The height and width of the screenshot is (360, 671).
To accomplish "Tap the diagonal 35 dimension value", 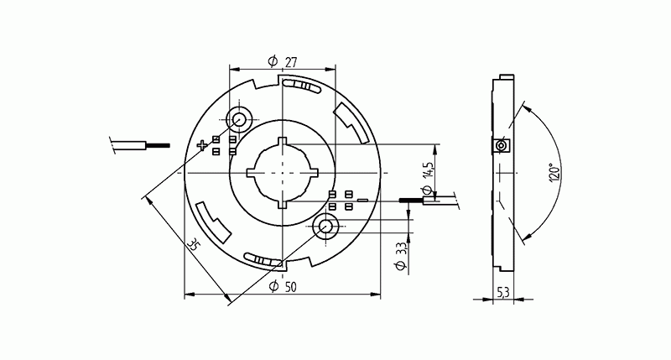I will (x=194, y=245).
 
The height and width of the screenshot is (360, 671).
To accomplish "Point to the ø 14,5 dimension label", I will (x=429, y=177).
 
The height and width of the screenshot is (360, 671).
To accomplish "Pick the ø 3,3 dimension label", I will (x=400, y=255).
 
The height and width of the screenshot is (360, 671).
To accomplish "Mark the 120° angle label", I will (x=554, y=172).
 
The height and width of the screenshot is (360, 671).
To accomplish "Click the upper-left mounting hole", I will (x=239, y=119).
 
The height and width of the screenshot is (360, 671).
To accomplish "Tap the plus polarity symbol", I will (x=202, y=146).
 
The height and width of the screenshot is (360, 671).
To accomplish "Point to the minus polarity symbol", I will (x=362, y=201).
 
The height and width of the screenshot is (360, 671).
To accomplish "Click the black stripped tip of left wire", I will (x=156, y=146).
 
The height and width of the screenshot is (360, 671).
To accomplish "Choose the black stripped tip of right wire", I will (x=411, y=200).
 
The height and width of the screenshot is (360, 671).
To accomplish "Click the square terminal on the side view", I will (x=501, y=146).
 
